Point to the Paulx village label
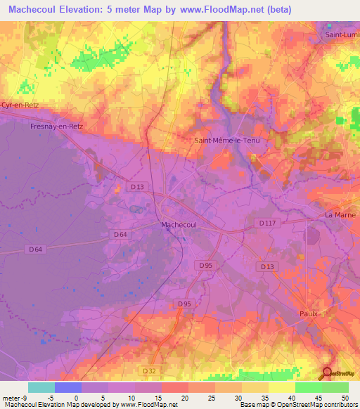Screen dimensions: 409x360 (x=309, y=313)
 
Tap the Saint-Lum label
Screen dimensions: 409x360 (x=341, y=34)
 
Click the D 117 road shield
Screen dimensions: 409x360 (x=264, y=222)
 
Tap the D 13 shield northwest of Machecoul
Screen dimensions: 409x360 (x=138, y=186)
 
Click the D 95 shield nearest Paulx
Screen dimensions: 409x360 (x=184, y=304)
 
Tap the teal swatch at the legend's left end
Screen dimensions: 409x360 (x=41, y=387)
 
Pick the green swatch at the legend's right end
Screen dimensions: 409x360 (x=335, y=387)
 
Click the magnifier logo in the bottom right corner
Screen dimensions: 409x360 (x=328, y=372)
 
